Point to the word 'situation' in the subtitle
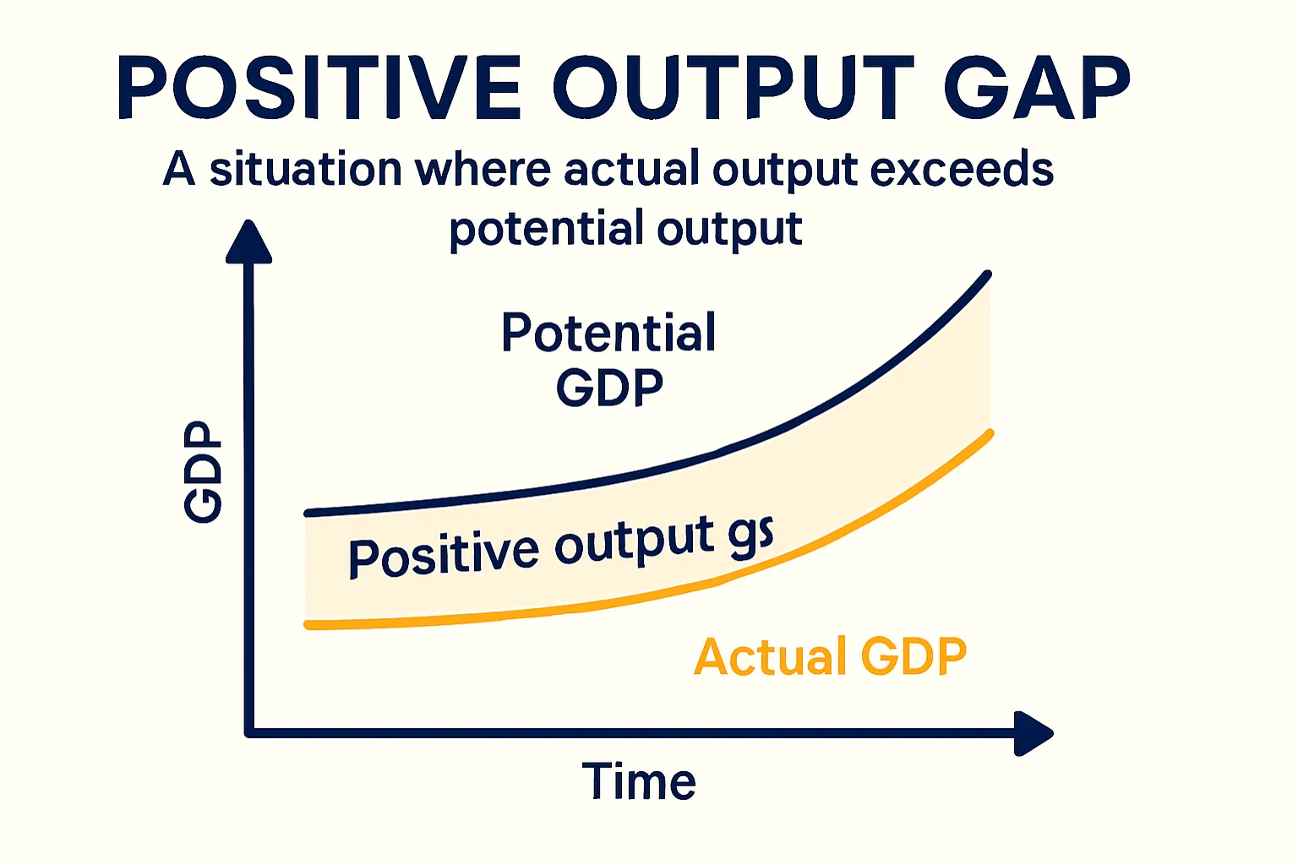[305, 169]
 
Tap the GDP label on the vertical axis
[204, 473]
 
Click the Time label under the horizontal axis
[639, 781]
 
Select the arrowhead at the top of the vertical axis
[249, 243]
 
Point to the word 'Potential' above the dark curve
[608, 333]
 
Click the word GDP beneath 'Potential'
[609, 388]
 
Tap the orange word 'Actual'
[770, 657]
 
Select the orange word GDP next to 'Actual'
[913, 657]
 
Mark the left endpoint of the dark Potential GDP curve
[308, 513]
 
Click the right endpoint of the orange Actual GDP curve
[990, 434]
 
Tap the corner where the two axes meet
[249, 732]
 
